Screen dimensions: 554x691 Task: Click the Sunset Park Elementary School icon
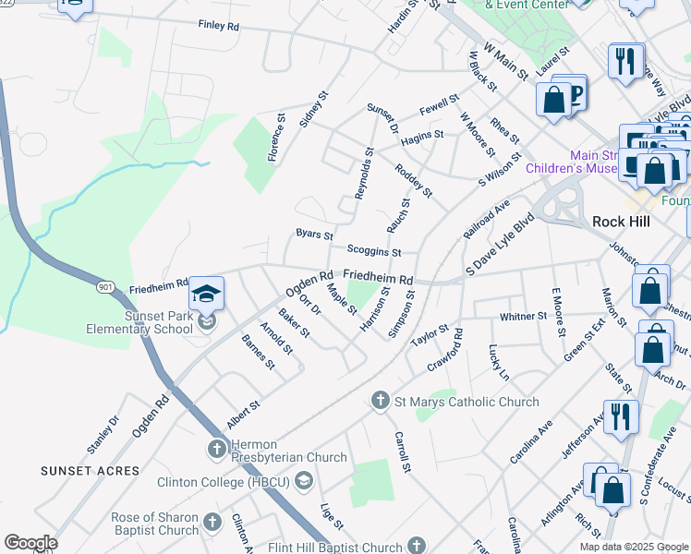206,295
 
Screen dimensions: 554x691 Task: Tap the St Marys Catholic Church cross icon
379,401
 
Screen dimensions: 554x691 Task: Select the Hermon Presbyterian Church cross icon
215,449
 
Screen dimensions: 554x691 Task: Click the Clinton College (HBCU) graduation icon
305,481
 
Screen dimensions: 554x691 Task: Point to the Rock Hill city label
623,222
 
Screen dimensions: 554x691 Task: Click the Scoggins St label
374,250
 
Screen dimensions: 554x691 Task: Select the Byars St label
314,235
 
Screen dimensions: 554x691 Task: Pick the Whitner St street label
524,317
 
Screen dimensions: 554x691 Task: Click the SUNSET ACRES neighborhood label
90,471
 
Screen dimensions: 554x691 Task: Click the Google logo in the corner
30,542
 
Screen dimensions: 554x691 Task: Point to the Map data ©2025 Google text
634,547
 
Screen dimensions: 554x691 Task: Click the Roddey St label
413,180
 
